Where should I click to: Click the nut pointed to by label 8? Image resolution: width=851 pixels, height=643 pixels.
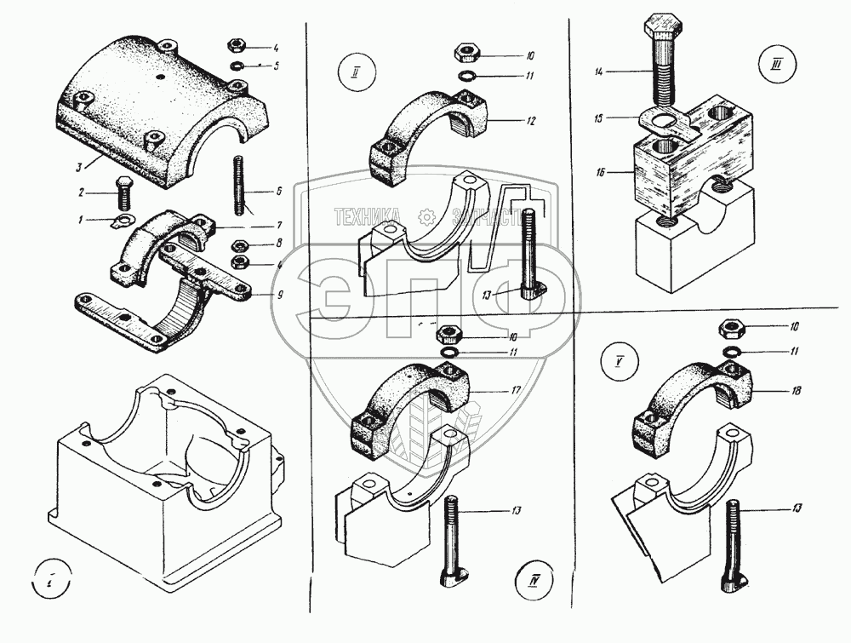[240, 246]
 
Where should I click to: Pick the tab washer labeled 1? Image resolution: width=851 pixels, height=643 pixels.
[123, 224]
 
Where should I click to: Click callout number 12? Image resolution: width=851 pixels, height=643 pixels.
[530, 121]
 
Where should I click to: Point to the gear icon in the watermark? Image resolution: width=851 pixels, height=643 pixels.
[426, 216]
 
